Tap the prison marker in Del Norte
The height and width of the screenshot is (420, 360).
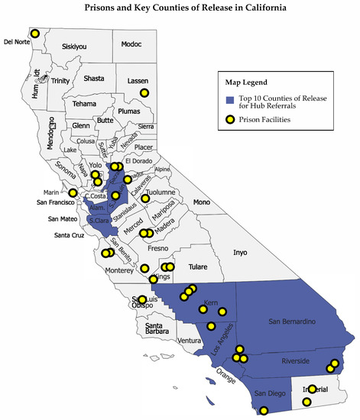point(35,34)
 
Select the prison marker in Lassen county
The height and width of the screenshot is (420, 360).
point(143,92)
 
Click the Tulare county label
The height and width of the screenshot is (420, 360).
point(197,267)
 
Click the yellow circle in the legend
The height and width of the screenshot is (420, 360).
point(229,118)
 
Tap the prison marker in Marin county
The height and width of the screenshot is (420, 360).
point(73,192)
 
